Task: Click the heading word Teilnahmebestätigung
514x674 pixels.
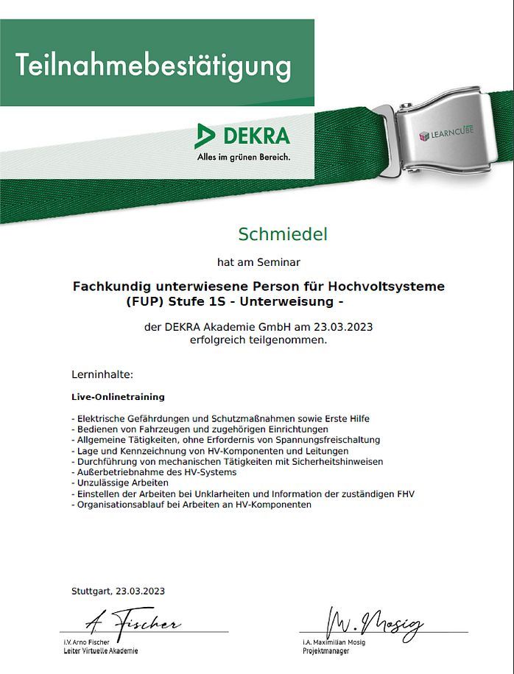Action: click(x=153, y=66)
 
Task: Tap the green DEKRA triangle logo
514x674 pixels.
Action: click(x=205, y=136)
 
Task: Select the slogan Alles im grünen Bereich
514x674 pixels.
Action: click(x=243, y=157)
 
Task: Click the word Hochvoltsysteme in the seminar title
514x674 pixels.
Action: click(x=386, y=286)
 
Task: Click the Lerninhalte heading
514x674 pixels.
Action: click(x=102, y=374)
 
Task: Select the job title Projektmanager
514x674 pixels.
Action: click(x=323, y=651)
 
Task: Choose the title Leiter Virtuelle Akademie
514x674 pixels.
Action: click(x=101, y=651)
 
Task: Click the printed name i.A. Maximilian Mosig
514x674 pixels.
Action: click(x=333, y=642)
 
